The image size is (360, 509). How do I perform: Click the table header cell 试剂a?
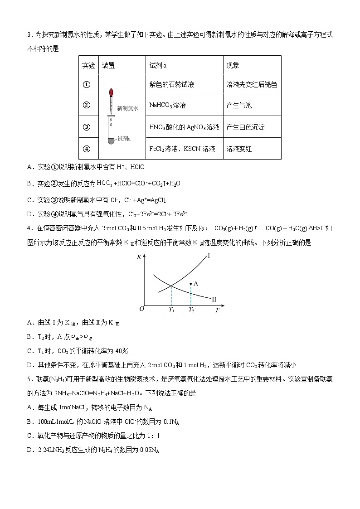click(x=158, y=66)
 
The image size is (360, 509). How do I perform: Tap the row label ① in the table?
click(x=87, y=85)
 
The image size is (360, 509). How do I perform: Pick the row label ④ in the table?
click(x=87, y=149)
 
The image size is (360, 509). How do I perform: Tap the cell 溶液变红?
click(x=239, y=149)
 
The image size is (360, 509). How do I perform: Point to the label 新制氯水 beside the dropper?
click(x=127, y=108)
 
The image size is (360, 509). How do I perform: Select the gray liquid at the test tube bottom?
click(x=111, y=141)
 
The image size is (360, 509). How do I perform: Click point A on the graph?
click(x=191, y=283)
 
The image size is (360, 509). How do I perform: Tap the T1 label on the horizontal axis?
click(x=171, y=310)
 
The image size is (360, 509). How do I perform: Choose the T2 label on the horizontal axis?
click(x=191, y=310)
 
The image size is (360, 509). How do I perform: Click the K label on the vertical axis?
click(x=139, y=257)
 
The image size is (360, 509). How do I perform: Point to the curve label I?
click(x=209, y=256)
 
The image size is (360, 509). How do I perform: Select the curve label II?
click(x=214, y=299)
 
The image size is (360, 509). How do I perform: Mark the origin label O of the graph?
click(x=141, y=309)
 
